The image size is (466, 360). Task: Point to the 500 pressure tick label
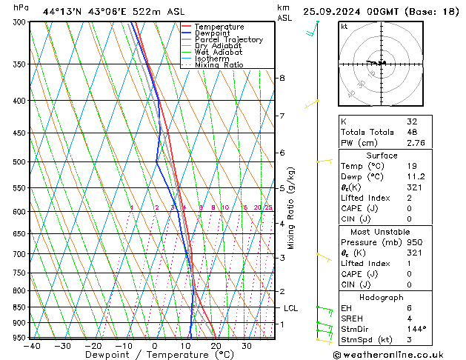(19, 161)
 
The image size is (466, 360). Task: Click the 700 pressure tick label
(19, 254)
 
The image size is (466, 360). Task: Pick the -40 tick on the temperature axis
(31, 345)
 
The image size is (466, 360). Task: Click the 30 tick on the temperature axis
(247, 345)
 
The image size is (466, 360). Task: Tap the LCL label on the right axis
(290, 307)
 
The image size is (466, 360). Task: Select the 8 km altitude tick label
(282, 78)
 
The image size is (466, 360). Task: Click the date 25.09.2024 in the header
(331, 11)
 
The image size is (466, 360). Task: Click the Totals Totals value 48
(409, 131)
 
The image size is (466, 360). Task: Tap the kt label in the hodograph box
(344, 27)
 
